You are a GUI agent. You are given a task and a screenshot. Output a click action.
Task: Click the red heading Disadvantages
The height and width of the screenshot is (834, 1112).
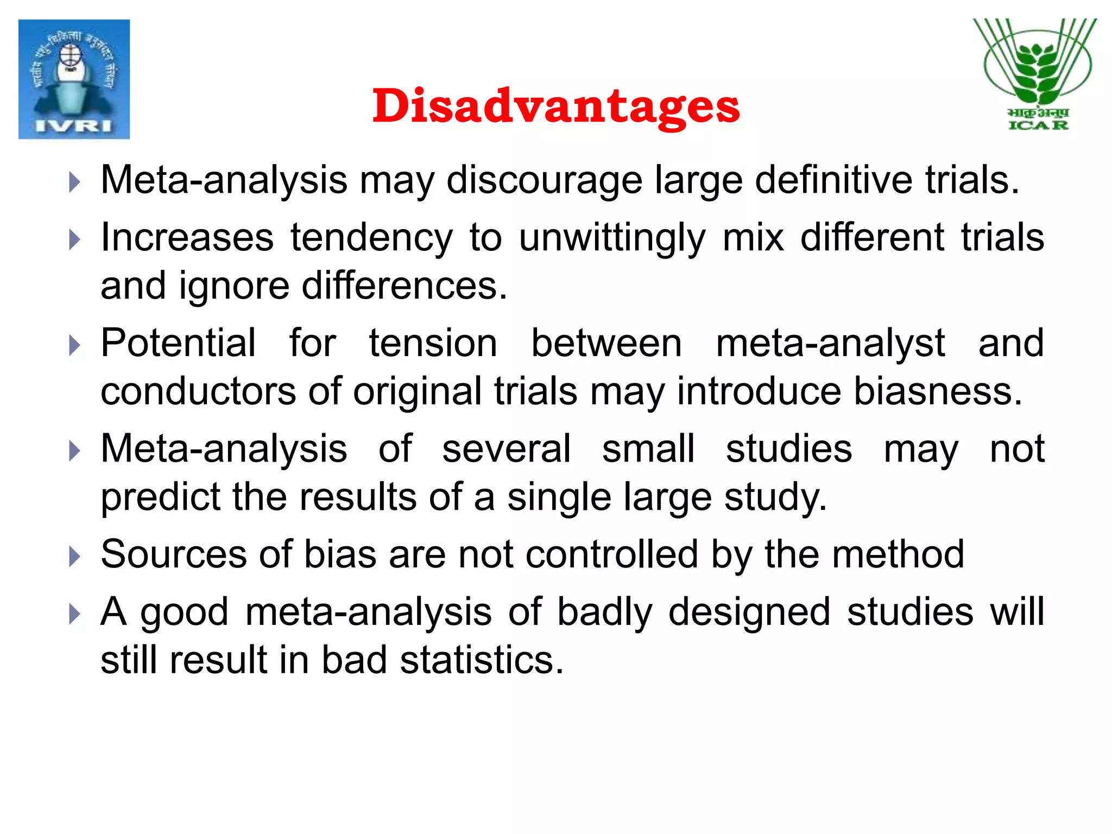(x=555, y=106)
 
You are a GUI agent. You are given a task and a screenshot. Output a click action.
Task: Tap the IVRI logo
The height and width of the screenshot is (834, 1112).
(x=74, y=79)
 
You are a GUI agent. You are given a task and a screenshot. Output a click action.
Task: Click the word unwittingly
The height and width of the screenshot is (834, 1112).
(x=612, y=238)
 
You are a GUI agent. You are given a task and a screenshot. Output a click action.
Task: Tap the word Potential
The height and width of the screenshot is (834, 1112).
(x=178, y=343)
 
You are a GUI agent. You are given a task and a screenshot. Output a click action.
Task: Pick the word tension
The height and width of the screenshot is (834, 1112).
(x=433, y=343)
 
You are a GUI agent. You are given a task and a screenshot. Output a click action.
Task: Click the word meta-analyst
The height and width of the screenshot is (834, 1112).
(x=830, y=344)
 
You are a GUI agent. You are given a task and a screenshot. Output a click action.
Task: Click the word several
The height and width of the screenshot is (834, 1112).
(x=506, y=449)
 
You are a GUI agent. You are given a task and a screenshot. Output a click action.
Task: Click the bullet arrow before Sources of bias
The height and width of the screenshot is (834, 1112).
(x=74, y=557)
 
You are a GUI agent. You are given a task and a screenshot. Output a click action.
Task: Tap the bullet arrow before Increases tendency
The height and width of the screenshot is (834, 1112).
(x=74, y=239)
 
